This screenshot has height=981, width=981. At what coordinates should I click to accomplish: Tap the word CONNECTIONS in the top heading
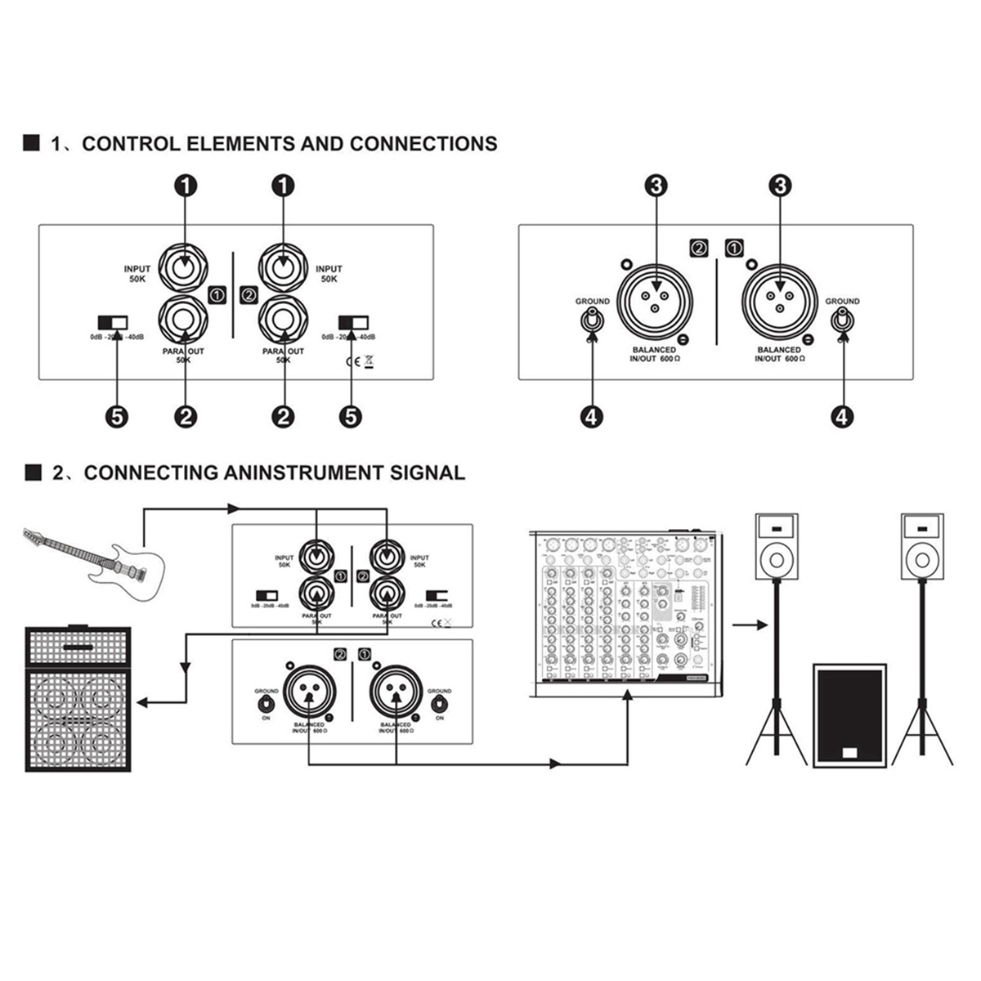tap(423, 144)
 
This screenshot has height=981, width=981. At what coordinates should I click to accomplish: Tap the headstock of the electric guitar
tap(32, 535)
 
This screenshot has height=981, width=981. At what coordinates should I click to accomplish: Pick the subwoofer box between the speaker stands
tap(850, 714)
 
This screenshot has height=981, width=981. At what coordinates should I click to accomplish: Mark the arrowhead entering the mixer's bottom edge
tap(628, 695)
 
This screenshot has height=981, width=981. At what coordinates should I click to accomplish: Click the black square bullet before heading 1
tap(31, 144)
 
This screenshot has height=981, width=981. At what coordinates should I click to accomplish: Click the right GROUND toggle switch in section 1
tap(842, 320)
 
